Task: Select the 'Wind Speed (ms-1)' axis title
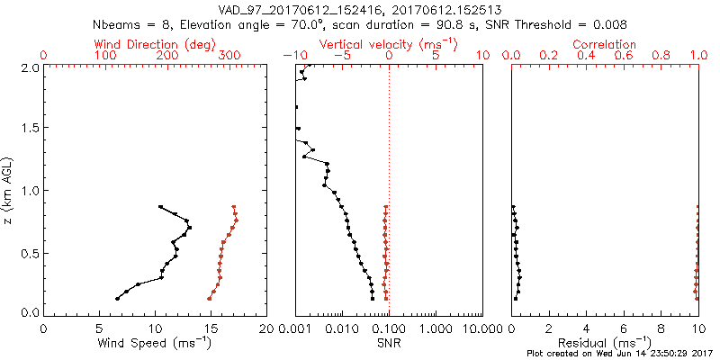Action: coord(156,343)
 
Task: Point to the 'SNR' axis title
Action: coord(389,343)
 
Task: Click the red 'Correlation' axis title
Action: coord(606,44)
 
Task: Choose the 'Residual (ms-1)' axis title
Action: coord(605,343)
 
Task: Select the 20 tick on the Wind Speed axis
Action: coord(266,328)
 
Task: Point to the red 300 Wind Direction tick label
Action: coord(229,56)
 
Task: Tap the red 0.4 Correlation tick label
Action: coord(586,56)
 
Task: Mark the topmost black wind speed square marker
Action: coord(160,206)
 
